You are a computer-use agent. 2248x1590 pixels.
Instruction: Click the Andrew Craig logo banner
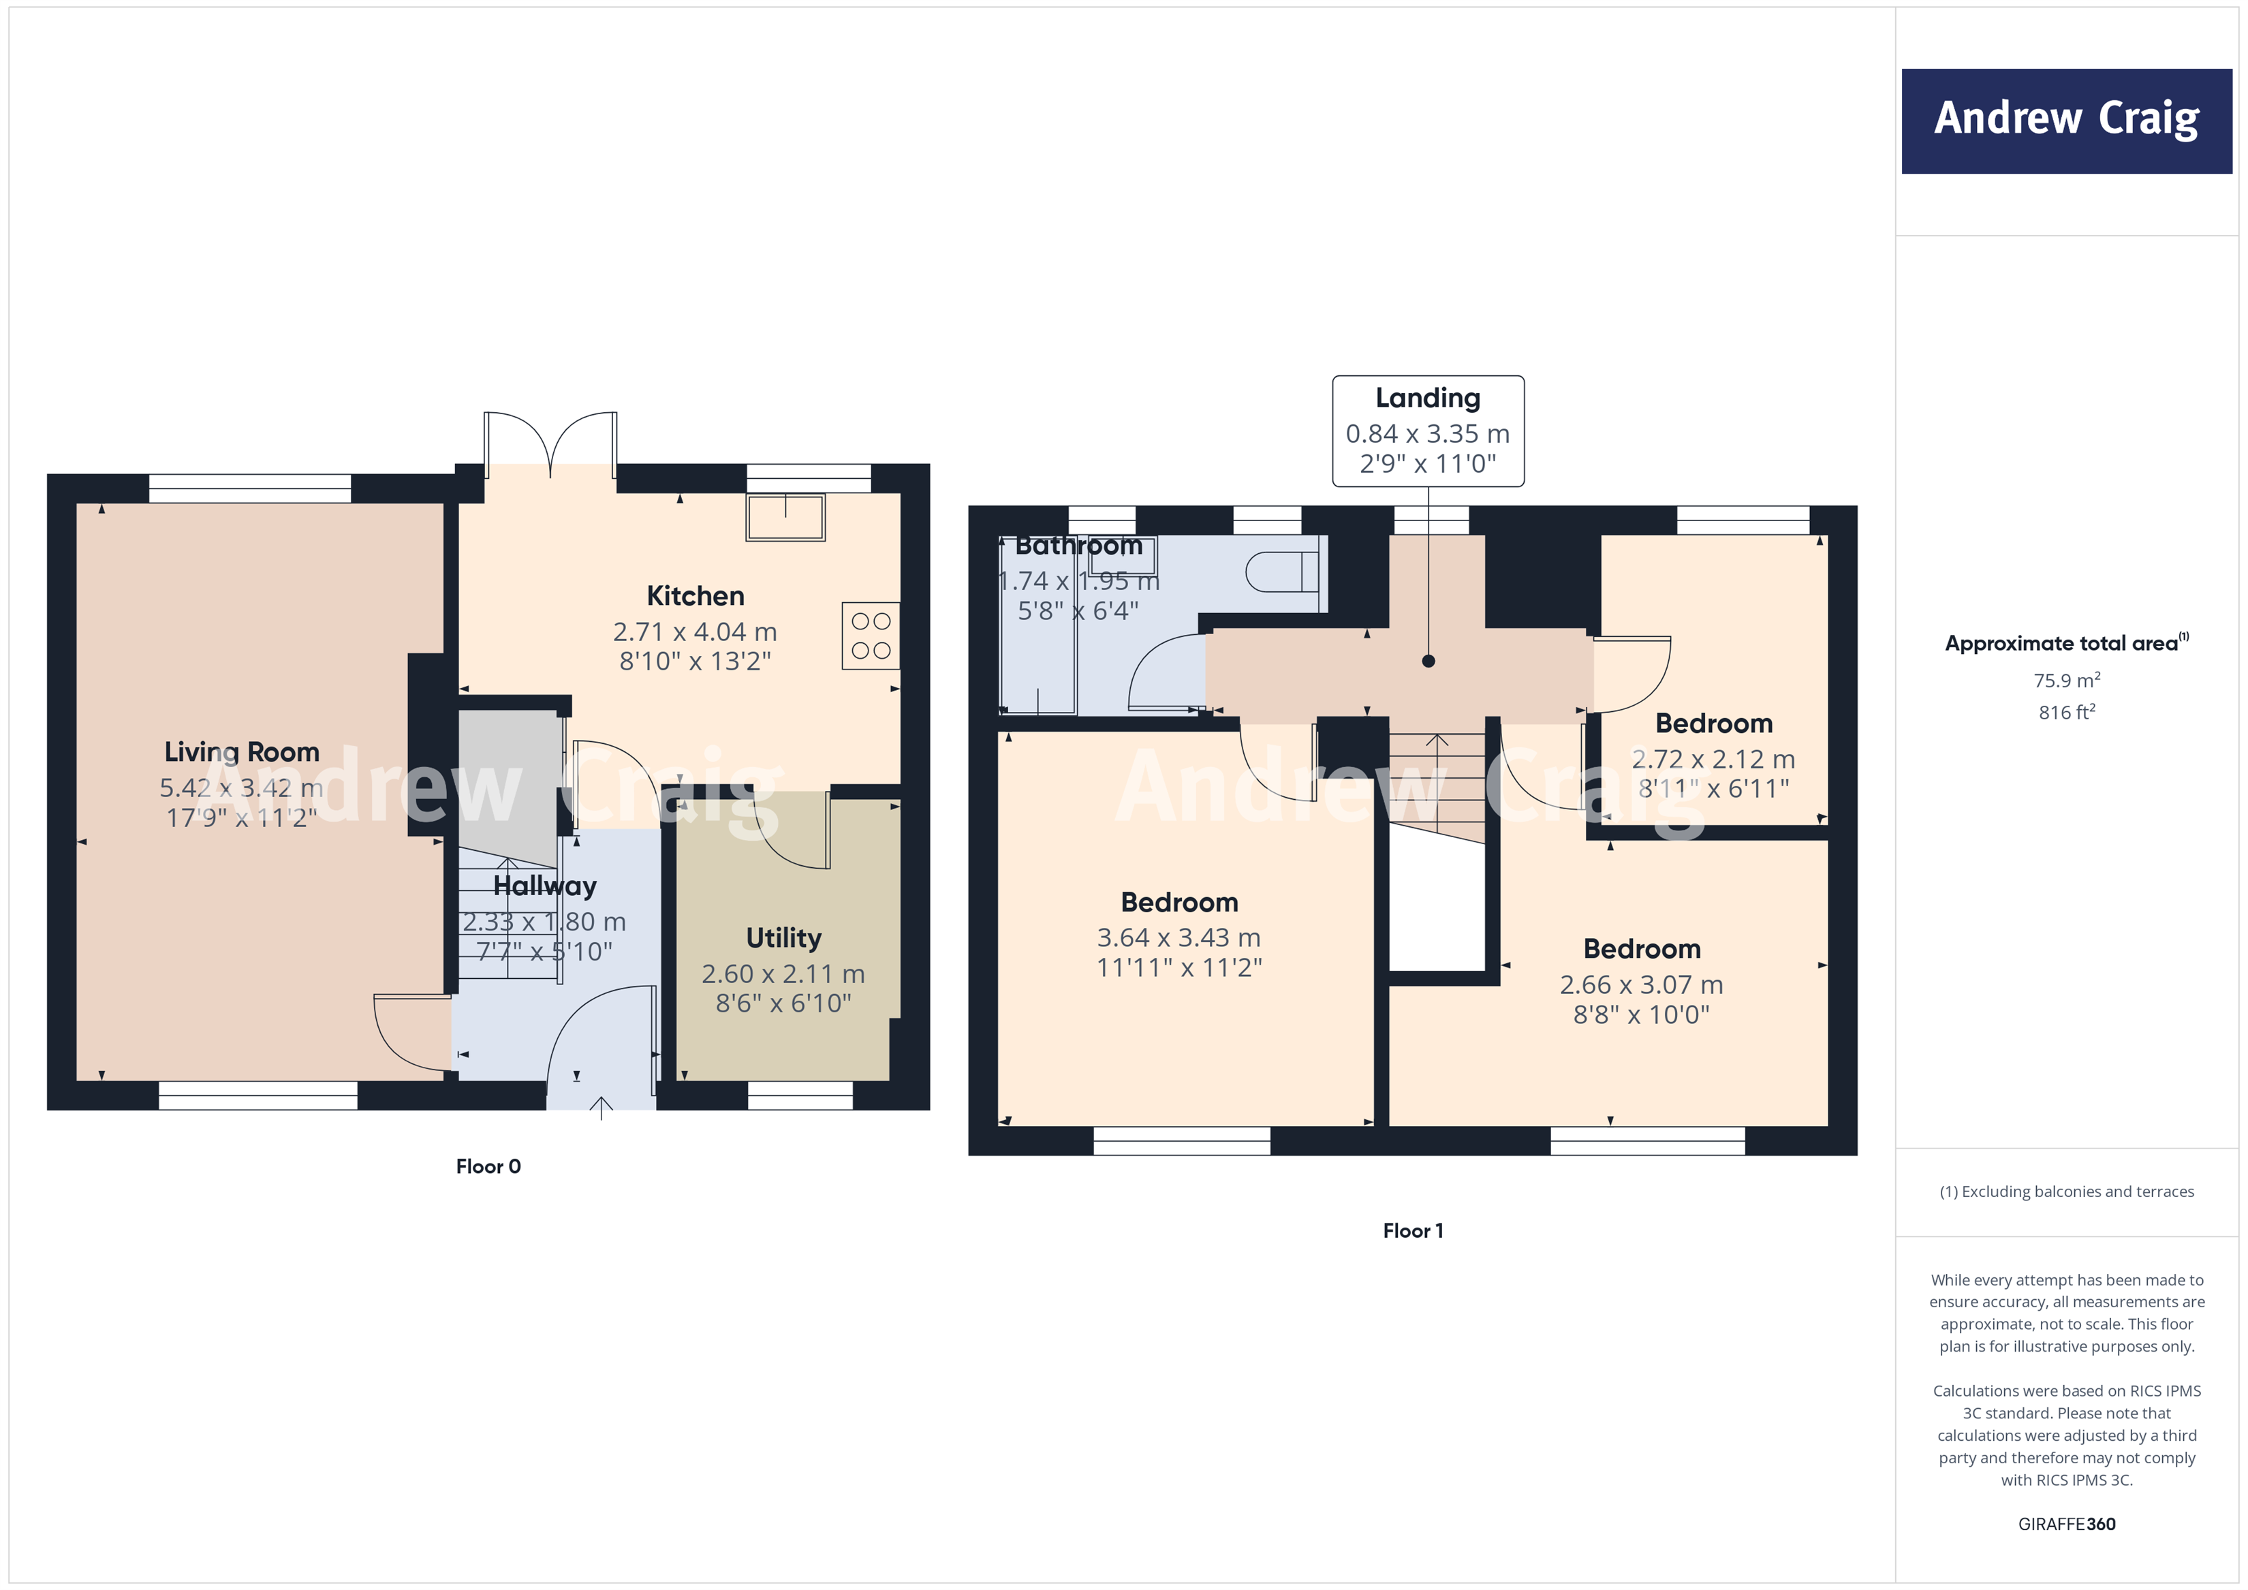[x=2066, y=121]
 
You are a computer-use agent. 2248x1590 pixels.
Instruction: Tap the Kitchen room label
[x=695, y=596]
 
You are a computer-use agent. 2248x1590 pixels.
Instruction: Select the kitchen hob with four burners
[x=871, y=636]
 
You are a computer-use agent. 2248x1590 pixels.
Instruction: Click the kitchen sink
[x=785, y=517]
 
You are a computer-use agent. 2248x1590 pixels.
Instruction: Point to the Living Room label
[x=242, y=752]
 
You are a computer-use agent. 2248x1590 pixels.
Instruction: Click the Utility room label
[x=783, y=938]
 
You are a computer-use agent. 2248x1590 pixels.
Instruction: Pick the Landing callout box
[x=1428, y=431]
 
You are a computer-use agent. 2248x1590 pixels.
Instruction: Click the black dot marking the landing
[x=1429, y=661]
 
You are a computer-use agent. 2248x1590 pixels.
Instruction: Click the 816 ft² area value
[x=2066, y=713]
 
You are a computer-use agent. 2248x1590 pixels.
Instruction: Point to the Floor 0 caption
[x=488, y=1166]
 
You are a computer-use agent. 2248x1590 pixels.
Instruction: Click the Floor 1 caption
[x=1413, y=1231]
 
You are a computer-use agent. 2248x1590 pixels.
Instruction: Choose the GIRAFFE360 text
[x=2066, y=1523]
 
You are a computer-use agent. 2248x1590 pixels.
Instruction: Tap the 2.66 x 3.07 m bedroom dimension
[x=1641, y=985]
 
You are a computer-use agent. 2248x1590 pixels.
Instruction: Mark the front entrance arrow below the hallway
[x=601, y=1107]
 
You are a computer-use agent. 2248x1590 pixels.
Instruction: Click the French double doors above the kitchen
[x=550, y=443]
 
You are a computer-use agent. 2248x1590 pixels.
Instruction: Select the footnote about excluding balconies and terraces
[x=2066, y=1191]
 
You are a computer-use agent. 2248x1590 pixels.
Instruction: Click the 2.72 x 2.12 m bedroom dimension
[x=1713, y=760]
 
